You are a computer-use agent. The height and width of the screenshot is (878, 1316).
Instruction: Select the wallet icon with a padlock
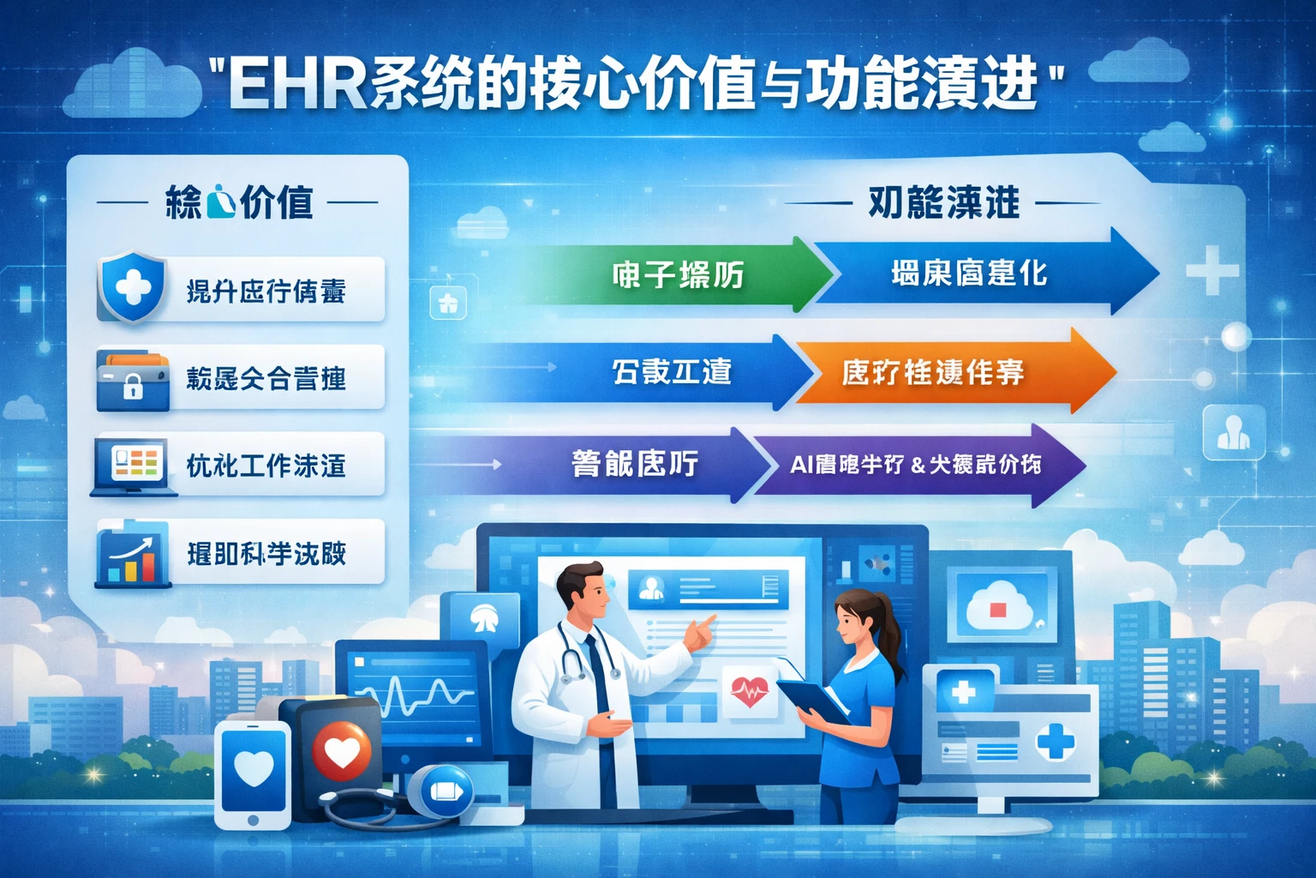132,379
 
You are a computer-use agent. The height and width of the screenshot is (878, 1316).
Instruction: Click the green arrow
677,274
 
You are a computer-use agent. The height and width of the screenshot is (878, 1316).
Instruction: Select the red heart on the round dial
341,751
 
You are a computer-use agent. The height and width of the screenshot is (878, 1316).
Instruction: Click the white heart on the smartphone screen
254,768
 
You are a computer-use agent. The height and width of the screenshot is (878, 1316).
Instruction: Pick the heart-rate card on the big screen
750,690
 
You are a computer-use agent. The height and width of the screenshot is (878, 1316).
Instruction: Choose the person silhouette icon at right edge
1233,432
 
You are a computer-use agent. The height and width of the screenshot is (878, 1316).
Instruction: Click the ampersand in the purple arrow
918,466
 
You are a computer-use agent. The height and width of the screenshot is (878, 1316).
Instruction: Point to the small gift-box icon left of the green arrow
448,303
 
